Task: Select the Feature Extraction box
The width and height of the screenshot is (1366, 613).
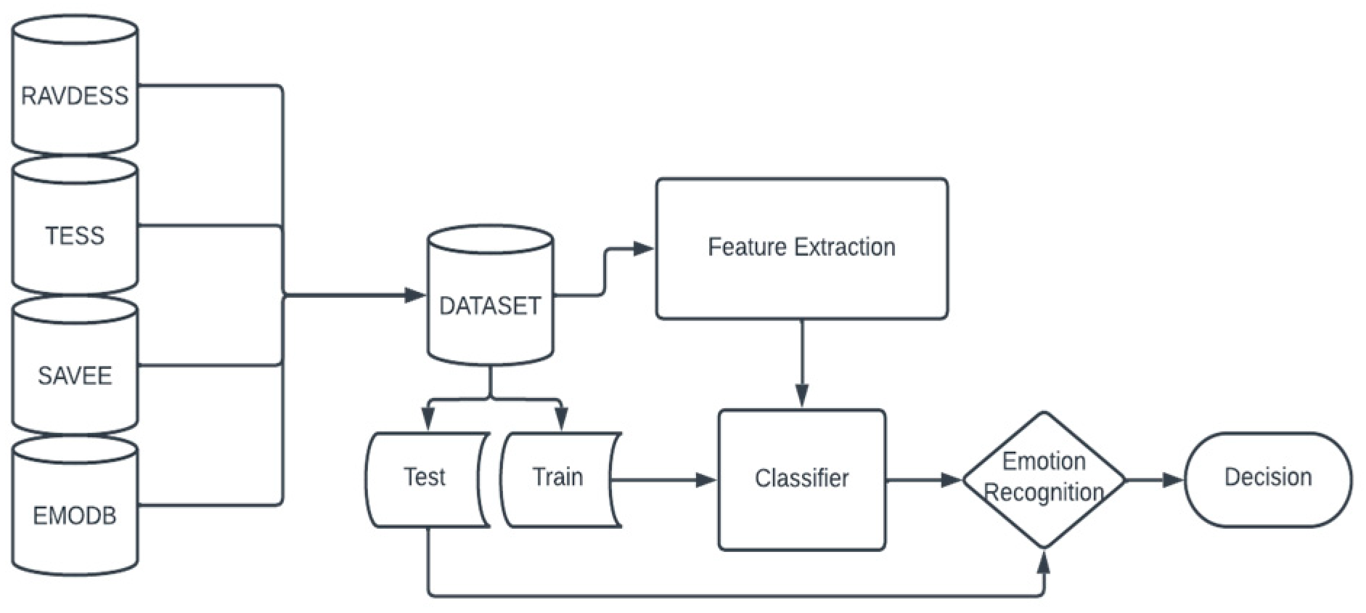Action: click(801, 248)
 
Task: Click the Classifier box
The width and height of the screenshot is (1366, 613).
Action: click(801, 479)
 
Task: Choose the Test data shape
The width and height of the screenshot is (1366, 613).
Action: click(425, 479)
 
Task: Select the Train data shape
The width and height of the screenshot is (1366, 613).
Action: click(557, 479)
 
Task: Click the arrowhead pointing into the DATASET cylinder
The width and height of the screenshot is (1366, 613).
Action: click(415, 295)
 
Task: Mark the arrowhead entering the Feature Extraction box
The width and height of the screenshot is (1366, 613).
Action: click(643, 249)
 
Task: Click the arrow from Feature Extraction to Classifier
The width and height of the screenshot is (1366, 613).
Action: click(801, 363)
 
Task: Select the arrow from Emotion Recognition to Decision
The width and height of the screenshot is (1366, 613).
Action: click(1154, 479)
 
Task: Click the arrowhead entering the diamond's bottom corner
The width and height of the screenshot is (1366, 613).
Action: click(1044, 561)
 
